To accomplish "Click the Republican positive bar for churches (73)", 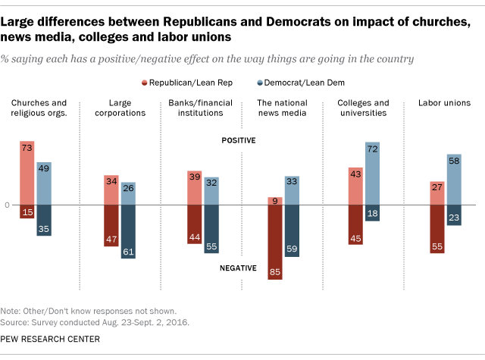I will pos(27,173).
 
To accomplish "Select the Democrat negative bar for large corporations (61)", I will pos(128,232).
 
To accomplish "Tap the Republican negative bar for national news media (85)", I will pos(274,242).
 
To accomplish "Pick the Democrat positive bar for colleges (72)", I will pos(372,174).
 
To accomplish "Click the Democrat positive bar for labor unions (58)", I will pos(454,180).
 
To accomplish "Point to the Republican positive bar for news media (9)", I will pos(274,201).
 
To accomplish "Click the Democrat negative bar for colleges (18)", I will pos(372,213).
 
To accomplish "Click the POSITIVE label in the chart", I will pos(239,140).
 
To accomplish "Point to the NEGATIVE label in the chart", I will pos(239,268).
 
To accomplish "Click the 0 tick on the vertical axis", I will pos(7,205).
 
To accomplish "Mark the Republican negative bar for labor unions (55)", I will pos(437,229).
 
